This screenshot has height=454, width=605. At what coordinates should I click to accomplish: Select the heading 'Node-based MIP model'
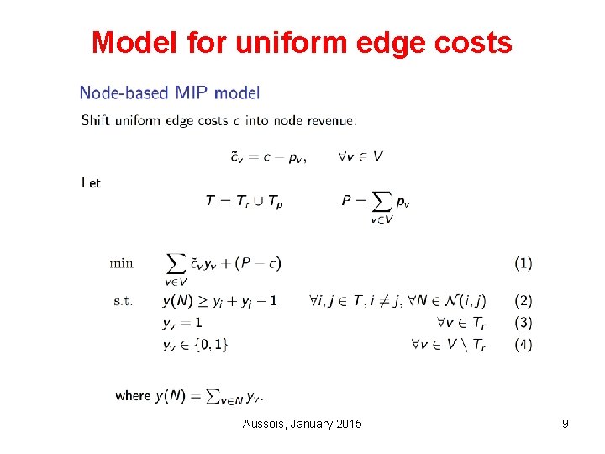[x=170, y=93]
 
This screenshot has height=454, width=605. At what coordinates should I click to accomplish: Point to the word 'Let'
[x=91, y=182]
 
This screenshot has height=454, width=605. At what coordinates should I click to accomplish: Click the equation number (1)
[x=523, y=263]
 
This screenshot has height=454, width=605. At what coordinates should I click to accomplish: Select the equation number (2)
[x=523, y=300]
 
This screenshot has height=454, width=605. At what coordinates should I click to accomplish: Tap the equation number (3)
[x=523, y=322]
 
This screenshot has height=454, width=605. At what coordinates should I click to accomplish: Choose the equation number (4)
[x=523, y=344]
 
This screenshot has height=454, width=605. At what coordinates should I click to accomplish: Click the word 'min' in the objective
[x=121, y=263]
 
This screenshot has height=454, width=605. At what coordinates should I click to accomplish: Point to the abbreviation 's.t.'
[x=121, y=300]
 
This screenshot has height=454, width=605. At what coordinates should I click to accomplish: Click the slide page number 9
[x=566, y=424]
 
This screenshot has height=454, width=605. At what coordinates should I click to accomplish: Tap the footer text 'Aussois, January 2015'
[x=302, y=424]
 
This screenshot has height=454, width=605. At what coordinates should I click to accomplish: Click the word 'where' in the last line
[x=133, y=395]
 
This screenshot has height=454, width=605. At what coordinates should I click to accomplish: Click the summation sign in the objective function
[x=176, y=262]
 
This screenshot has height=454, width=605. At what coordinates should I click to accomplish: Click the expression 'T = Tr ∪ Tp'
[x=244, y=201]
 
